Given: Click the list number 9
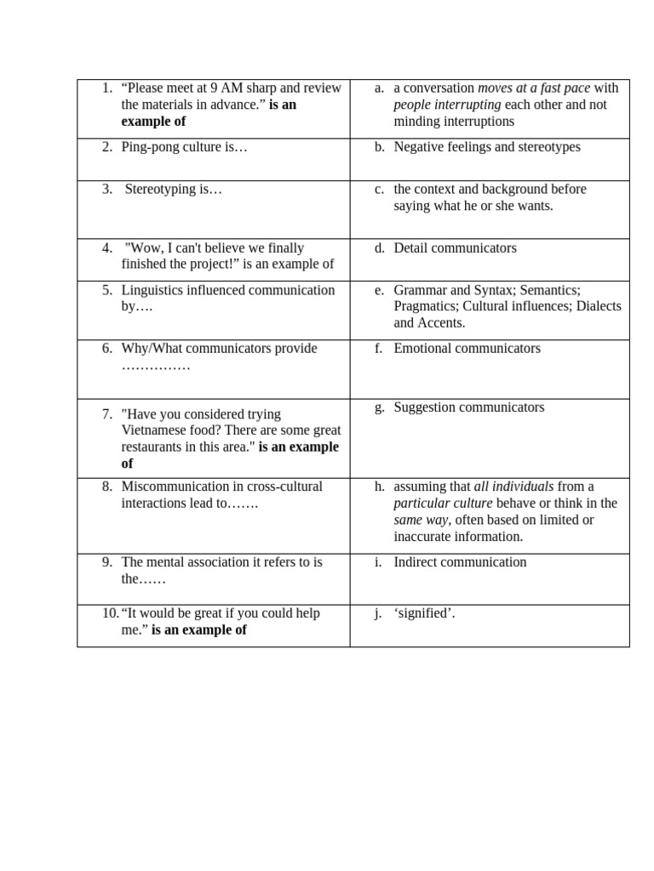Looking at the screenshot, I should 106,562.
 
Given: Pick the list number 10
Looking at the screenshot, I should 110,613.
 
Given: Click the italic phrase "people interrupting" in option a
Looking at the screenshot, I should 447,105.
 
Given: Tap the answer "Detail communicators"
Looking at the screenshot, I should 455,248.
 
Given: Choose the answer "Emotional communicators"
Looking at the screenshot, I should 467,349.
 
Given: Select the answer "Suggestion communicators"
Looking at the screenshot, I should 468,407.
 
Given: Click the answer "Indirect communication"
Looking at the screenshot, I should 460,562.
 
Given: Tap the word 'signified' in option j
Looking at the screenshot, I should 423,613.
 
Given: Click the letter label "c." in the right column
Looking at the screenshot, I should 379,189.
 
